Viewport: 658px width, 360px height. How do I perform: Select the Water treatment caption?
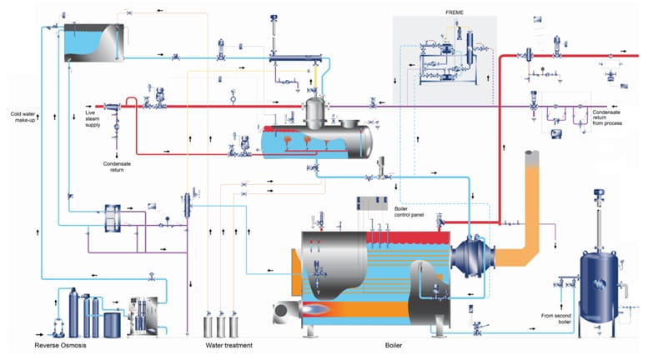point(229,345)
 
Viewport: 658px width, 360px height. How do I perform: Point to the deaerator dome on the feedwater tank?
point(315,111)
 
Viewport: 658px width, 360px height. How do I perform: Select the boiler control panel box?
point(372,203)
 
